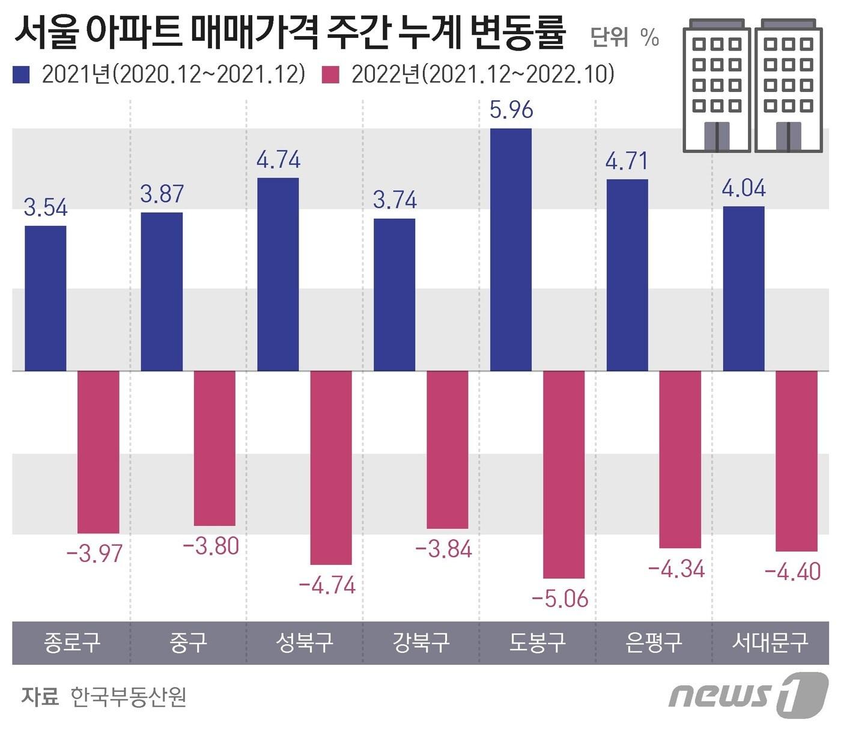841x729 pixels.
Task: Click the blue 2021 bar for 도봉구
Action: click(511, 249)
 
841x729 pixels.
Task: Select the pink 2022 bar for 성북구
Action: click(331, 468)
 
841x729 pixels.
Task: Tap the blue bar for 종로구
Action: click(46, 298)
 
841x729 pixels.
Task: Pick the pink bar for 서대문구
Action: click(797, 461)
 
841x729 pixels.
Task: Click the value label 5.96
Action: click(511, 110)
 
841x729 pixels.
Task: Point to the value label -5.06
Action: click(560, 599)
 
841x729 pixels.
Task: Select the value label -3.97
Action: click(94, 554)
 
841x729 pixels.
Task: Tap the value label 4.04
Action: click(744, 189)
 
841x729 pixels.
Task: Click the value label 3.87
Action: click(162, 194)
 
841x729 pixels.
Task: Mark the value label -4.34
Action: click(676, 569)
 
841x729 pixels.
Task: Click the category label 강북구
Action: click(421, 642)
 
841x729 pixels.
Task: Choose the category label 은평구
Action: click(654, 642)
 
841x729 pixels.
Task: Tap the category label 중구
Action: click(188, 642)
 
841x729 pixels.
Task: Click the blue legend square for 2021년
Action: click(22, 75)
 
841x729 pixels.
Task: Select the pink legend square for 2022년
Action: click(331, 75)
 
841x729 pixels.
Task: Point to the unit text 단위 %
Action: click(625, 37)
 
